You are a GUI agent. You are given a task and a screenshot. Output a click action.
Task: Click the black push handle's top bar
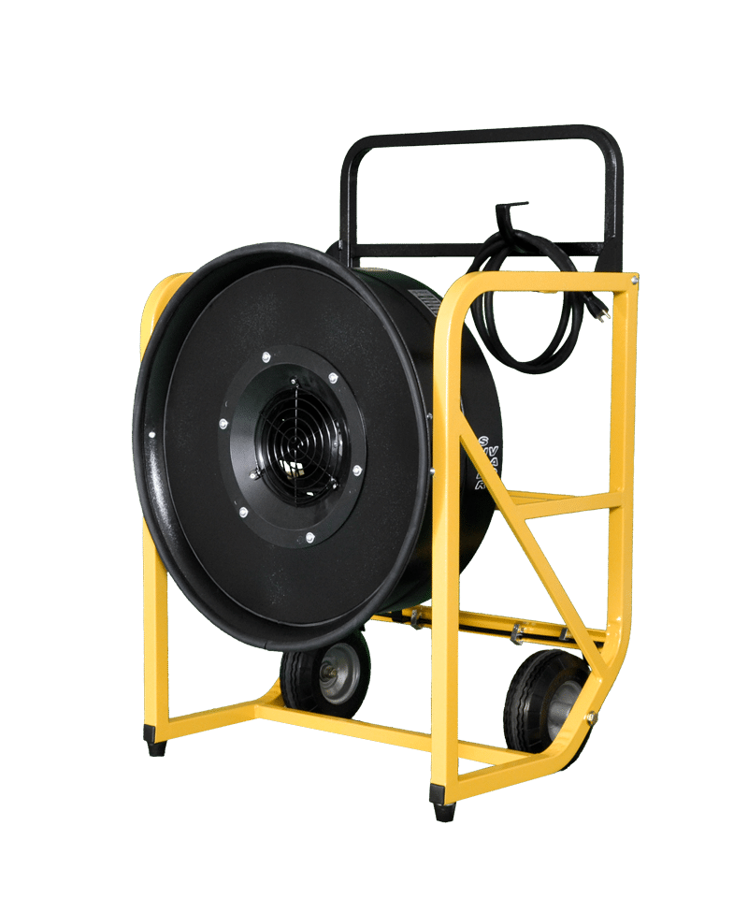coord(477,138)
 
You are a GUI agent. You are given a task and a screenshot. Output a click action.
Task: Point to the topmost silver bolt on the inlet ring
coord(266,356)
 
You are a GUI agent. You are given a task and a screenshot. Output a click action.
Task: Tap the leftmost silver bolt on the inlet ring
coord(223,424)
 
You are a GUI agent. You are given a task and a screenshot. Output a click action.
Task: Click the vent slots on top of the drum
coord(425,300)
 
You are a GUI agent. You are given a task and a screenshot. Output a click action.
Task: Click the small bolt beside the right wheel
coord(590,718)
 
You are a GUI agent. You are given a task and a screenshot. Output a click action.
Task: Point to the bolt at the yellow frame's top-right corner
coord(633,279)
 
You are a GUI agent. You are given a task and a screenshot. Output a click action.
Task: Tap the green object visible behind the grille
coord(292,465)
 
